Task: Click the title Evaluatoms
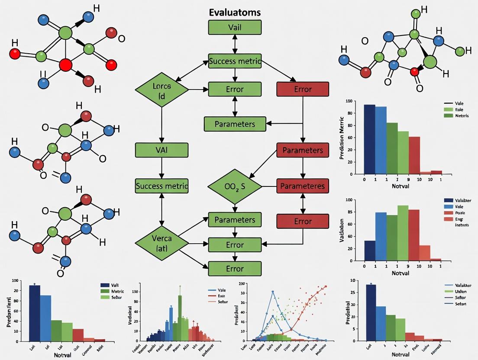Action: click(235, 12)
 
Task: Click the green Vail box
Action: click(235, 27)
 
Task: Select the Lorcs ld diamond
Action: click(161, 90)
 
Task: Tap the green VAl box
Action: click(161, 150)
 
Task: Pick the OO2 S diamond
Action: click(235, 186)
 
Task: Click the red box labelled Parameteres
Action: click(303, 186)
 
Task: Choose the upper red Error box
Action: click(303, 89)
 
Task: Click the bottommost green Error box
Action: click(235, 269)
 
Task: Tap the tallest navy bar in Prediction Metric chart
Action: click(369, 139)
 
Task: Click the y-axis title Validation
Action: click(342, 230)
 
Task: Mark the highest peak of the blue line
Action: click(273, 292)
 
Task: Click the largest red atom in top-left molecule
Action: click(65, 65)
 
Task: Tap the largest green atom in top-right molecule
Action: click(430, 62)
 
